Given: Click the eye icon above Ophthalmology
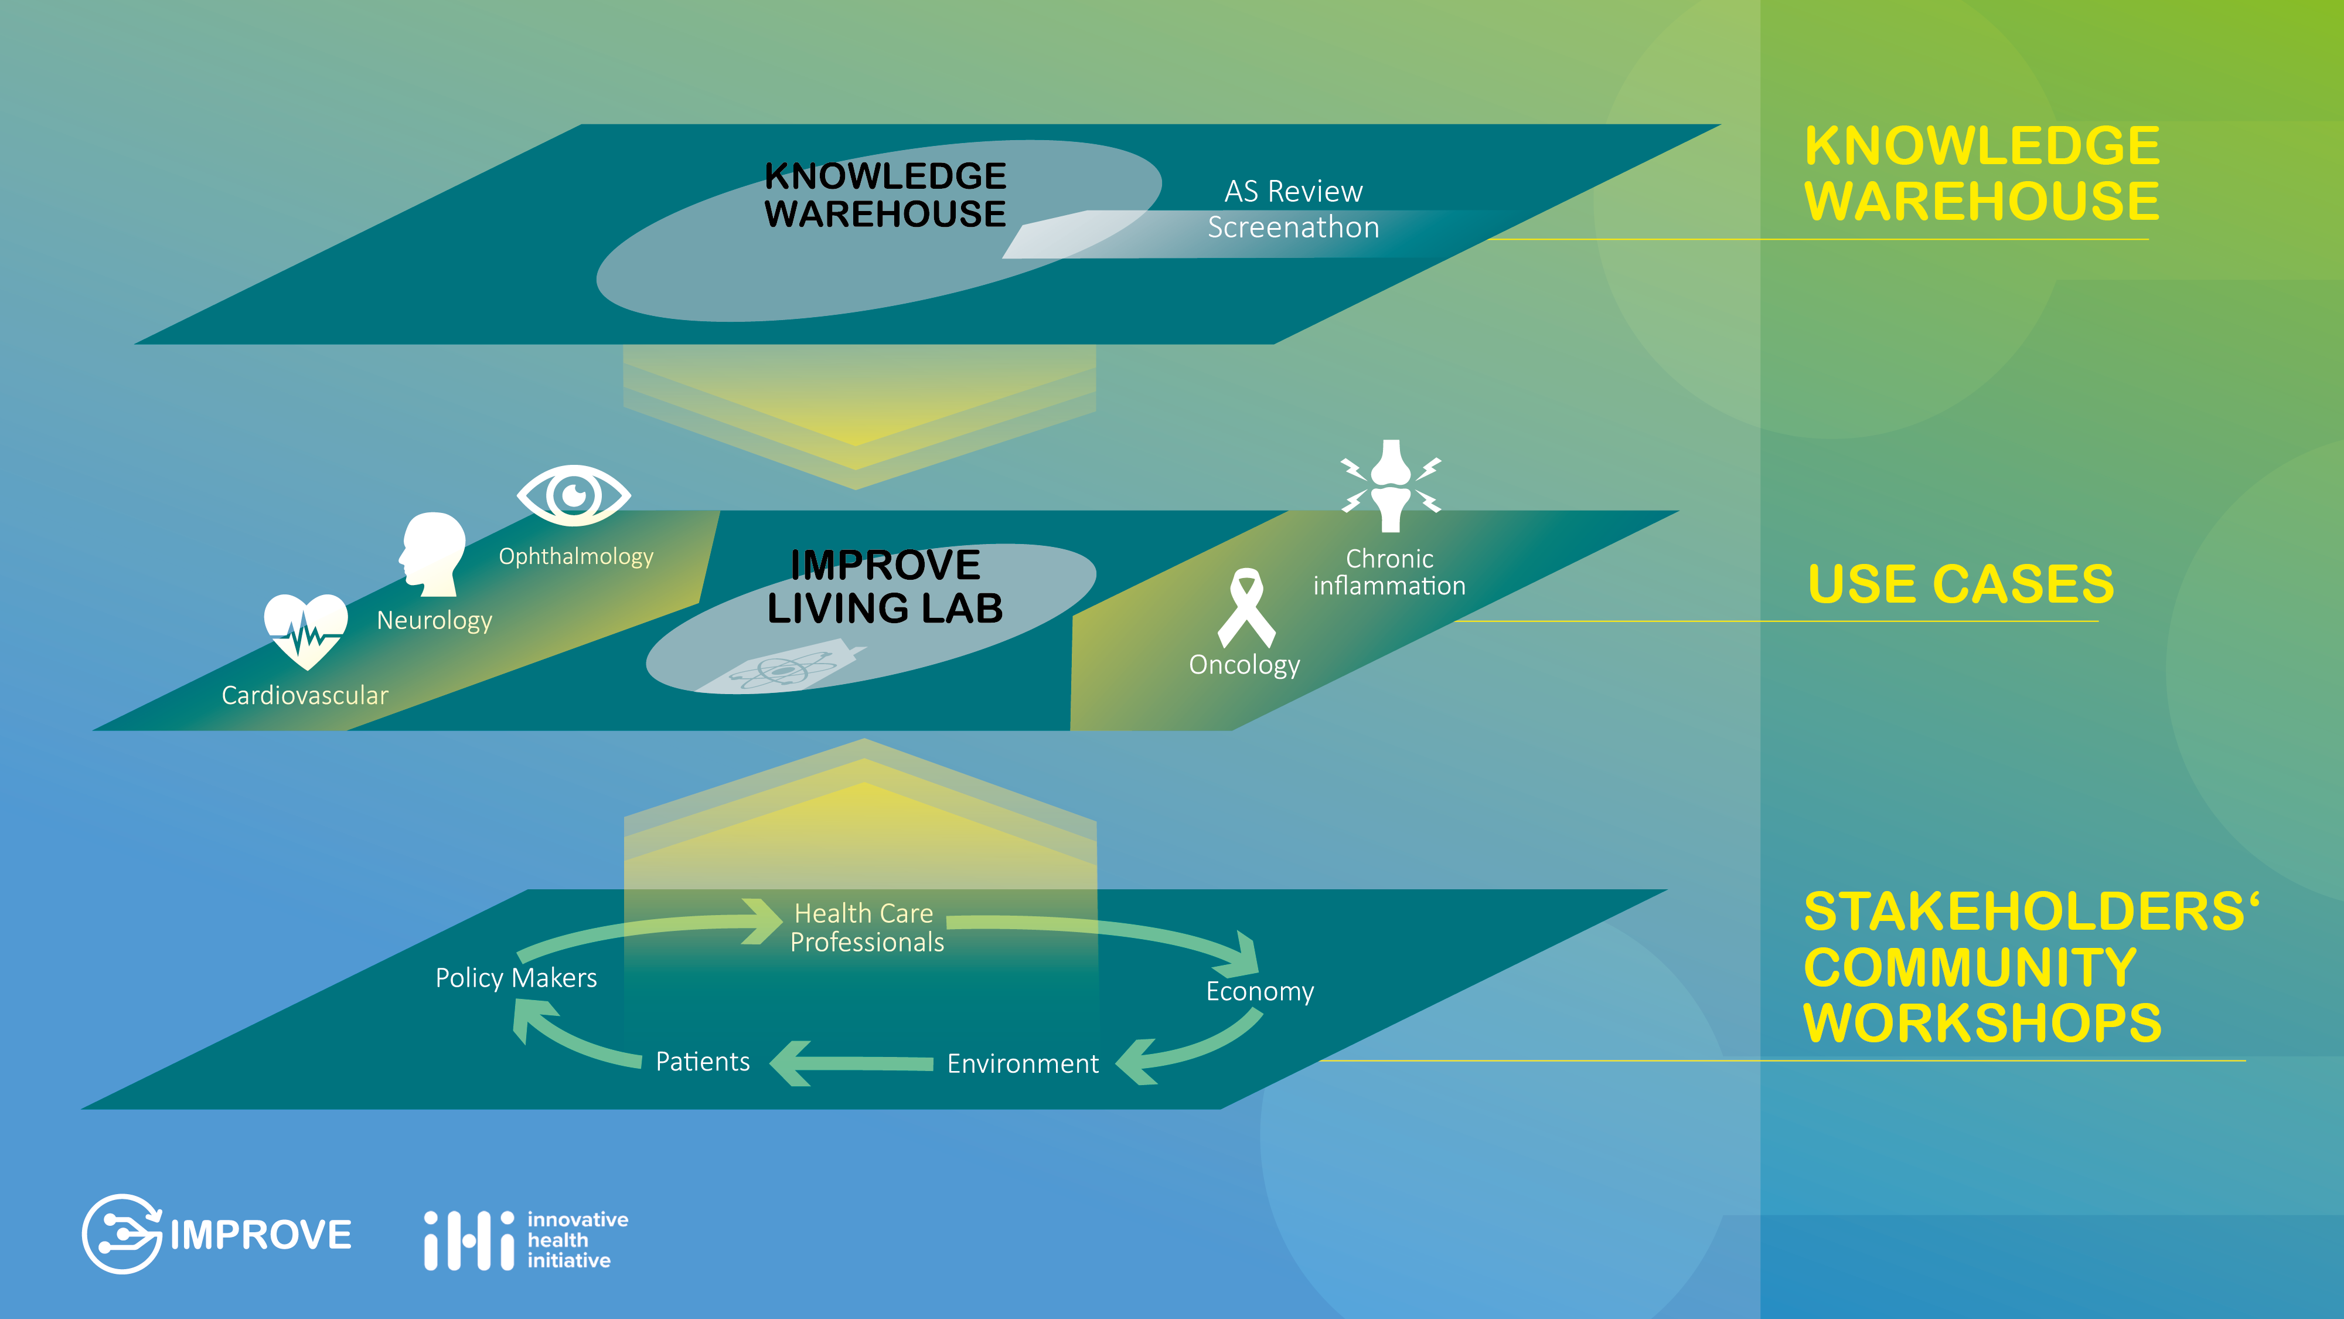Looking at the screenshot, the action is pyautogui.click(x=573, y=495).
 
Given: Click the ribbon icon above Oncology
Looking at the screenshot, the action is pyautogui.click(x=1246, y=608).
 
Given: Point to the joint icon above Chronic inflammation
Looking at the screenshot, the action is pyautogui.click(x=1391, y=485).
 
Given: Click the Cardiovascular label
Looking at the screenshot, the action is pyautogui.click(x=305, y=695).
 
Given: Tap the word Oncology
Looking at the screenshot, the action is pyautogui.click(x=1245, y=665).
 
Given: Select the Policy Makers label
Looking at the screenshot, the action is pyautogui.click(x=516, y=978).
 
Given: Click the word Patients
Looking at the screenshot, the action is pyautogui.click(x=703, y=1062).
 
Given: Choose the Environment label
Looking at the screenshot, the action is pyautogui.click(x=1023, y=1063).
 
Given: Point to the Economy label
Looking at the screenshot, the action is pyautogui.click(x=1260, y=991).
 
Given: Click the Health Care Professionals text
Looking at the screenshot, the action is pyautogui.click(x=866, y=927).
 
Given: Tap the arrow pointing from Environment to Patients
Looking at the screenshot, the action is pyautogui.click(x=851, y=1062).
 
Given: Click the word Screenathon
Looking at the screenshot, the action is pyautogui.click(x=1293, y=227).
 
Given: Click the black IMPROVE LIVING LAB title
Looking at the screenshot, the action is pyautogui.click(x=885, y=586).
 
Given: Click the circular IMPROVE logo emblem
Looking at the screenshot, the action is pyautogui.click(x=122, y=1235).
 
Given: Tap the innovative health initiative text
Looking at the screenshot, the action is pyautogui.click(x=577, y=1240).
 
